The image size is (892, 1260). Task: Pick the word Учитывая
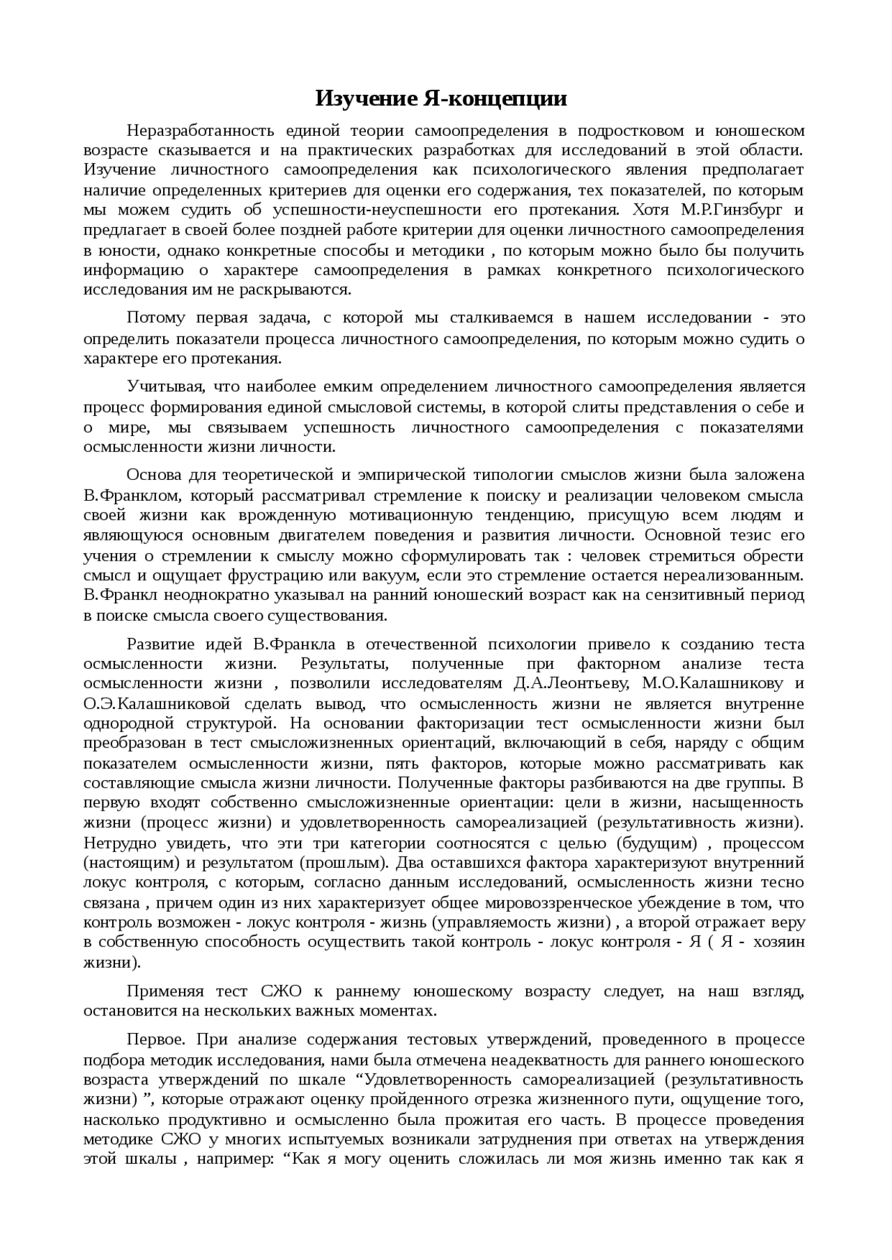click(x=164, y=387)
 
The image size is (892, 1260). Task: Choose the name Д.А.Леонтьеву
click(x=571, y=683)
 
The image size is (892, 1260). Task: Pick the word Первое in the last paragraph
click(x=155, y=1039)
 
